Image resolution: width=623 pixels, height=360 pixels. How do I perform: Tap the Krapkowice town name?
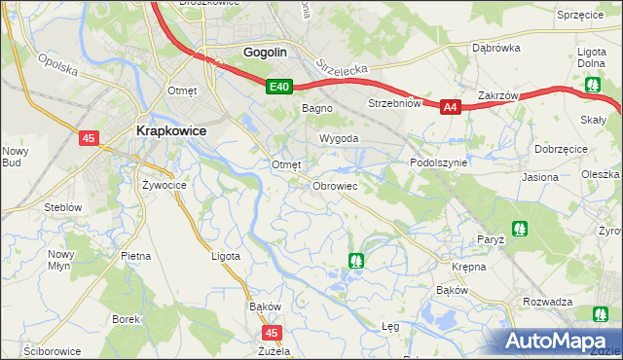coord(169,132)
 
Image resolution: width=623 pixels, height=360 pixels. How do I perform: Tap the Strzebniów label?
coord(393,103)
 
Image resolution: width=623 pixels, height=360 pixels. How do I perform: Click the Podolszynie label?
coord(440,163)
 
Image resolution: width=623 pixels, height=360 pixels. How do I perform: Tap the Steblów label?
coord(61,207)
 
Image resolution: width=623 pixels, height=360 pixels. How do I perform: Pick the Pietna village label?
coord(136,256)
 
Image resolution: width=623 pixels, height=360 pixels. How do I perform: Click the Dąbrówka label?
coord(493,47)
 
